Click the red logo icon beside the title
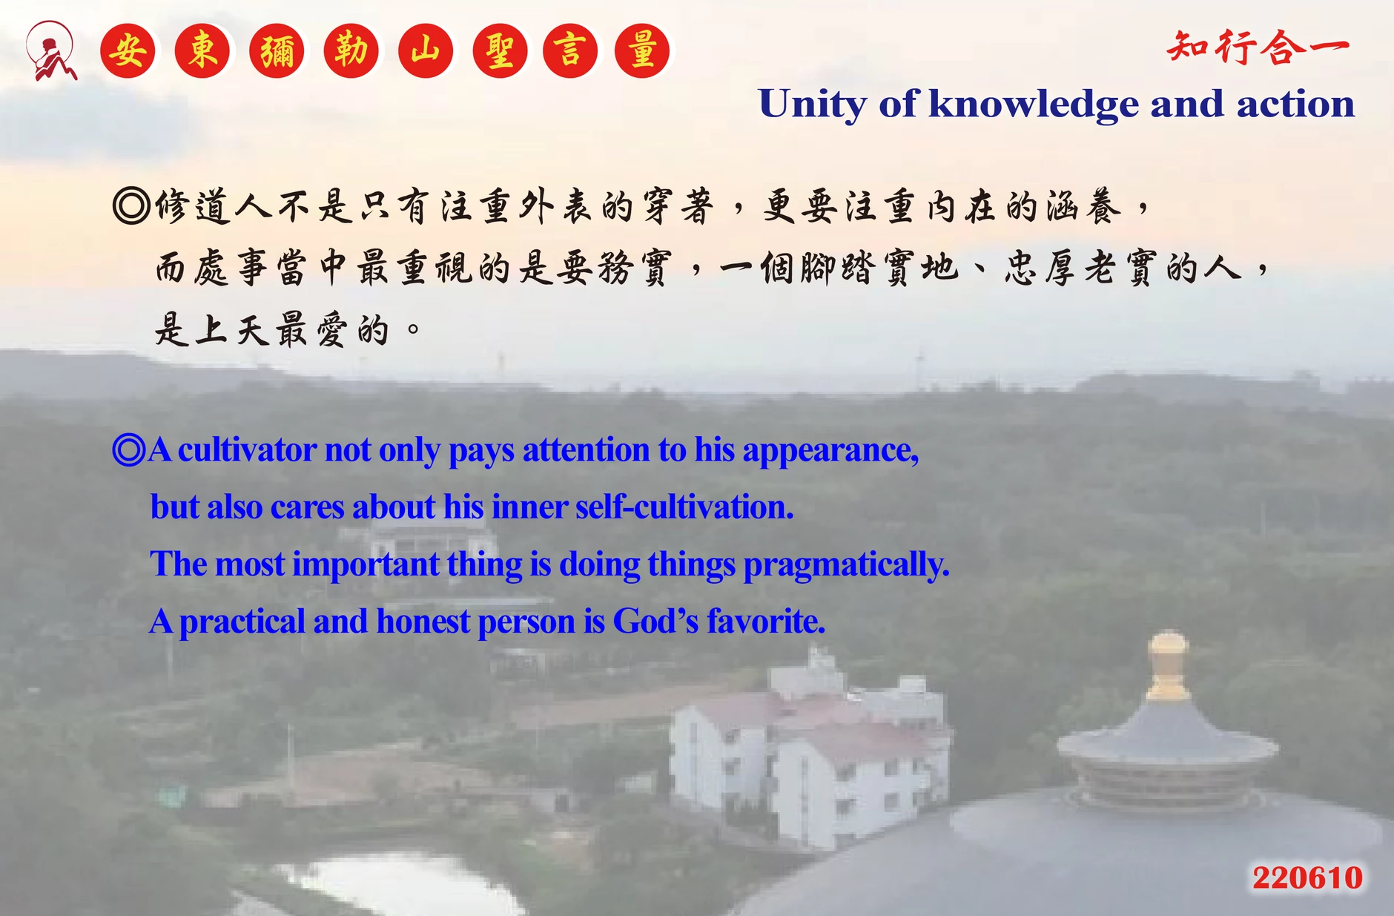pos(50,50)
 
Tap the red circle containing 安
pos(128,51)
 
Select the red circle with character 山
pos(426,51)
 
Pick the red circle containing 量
pos(642,51)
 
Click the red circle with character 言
pos(570,51)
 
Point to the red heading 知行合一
pos(1258,48)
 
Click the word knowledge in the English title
pos(1034,105)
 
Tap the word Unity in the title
pos(813,105)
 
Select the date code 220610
pos(1308,877)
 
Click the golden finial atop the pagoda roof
pos(1169,665)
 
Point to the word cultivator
pos(247,449)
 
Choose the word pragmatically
pos(846,565)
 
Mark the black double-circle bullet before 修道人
pos(131,205)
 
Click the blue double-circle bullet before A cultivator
pos(129,449)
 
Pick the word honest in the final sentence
pos(423,621)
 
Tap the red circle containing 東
pos(202,51)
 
